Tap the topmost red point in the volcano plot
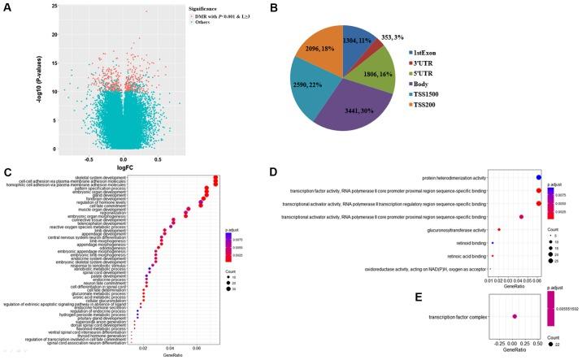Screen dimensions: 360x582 tap(146, 11)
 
